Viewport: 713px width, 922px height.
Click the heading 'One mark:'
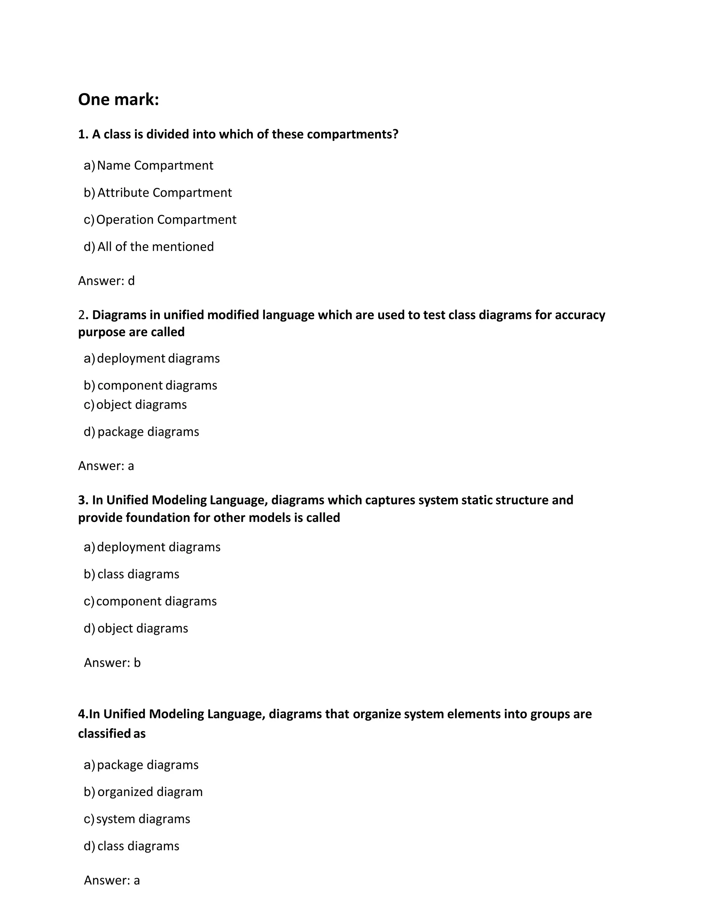click(118, 100)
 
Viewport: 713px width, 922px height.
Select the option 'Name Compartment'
click(155, 166)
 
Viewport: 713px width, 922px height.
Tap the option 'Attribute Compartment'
click(164, 192)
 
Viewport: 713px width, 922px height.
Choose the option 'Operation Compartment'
click(166, 220)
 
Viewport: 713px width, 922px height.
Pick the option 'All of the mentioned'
click(155, 247)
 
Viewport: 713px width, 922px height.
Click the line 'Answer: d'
click(107, 281)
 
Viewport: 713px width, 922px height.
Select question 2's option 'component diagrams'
click(157, 386)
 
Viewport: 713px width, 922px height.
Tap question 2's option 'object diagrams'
click(141, 405)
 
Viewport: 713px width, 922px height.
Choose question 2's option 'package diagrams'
click(148, 432)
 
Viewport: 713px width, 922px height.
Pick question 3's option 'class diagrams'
click(138, 574)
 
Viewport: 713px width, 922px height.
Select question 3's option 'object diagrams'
click(142, 628)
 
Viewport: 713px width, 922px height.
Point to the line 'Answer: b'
click(112, 663)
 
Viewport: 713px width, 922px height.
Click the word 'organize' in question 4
click(377, 714)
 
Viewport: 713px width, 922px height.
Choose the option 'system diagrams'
click(143, 819)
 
